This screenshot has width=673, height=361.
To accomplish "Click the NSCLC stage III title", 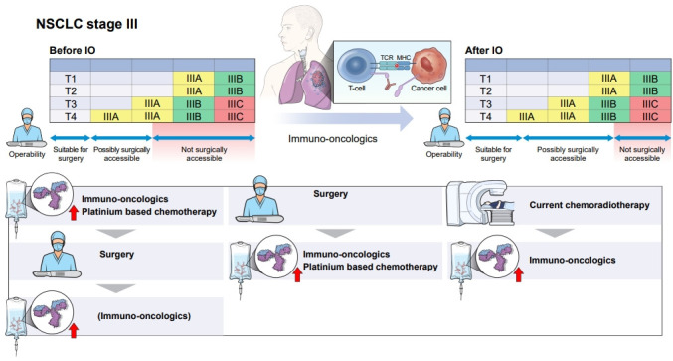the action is pyautogui.click(x=86, y=24).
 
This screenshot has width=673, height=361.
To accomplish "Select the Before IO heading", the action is pyautogui.click(x=73, y=51).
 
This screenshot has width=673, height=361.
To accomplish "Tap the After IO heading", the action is pyautogui.click(x=484, y=51).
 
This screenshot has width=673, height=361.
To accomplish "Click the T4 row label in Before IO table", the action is pyautogui.click(x=71, y=116).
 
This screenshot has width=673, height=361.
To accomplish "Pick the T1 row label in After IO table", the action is pyautogui.click(x=485, y=79).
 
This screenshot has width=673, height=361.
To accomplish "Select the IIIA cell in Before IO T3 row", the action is pyautogui.click(x=152, y=103).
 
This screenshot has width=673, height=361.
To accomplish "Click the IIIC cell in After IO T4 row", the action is pyautogui.click(x=650, y=116).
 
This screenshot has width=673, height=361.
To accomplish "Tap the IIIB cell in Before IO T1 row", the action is pyautogui.click(x=235, y=79).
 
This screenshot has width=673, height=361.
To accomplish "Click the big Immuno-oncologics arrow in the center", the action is pyautogui.click(x=344, y=119).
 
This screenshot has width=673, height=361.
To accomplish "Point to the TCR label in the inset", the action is pyautogui.click(x=387, y=57).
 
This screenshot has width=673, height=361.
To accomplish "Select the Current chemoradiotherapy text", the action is pyautogui.click(x=589, y=205).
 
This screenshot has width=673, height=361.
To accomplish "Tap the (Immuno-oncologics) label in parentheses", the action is pyautogui.click(x=144, y=316).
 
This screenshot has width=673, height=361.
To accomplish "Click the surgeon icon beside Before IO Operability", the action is pyautogui.click(x=27, y=127).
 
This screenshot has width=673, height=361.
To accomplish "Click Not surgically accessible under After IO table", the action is pyautogui.click(x=642, y=154).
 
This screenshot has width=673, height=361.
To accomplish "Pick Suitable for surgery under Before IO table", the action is pyautogui.click(x=71, y=154).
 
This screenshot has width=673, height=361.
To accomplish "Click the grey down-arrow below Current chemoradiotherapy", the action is pyautogui.click(x=555, y=233).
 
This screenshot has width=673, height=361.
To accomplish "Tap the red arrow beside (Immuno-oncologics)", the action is pyautogui.click(x=74, y=330).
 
